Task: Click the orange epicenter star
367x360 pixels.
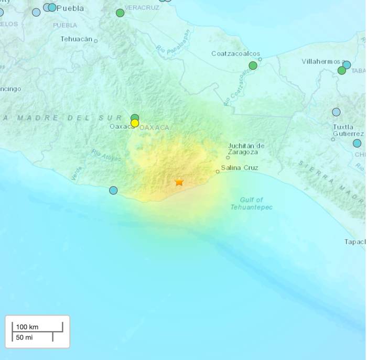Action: click(179, 182)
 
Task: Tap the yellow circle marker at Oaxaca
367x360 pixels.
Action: click(135, 123)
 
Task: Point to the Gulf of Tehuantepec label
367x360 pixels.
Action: click(252, 203)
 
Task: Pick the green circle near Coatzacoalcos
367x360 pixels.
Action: click(253, 66)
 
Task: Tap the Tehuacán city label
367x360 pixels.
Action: click(77, 39)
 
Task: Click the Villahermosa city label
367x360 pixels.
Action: click(321, 61)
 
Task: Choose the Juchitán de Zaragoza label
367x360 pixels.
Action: click(246, 148)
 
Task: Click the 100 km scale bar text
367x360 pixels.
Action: click(27, 327)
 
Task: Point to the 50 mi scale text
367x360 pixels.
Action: click(24, 337)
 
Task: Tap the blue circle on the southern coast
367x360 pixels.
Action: click(113, 190)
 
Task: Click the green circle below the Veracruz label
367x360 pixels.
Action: click(120, 13)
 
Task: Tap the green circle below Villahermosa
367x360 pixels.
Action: click(341, 70)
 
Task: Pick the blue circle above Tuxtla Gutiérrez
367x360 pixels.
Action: click(336, 112)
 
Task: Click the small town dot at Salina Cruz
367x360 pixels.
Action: click(218, 171)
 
